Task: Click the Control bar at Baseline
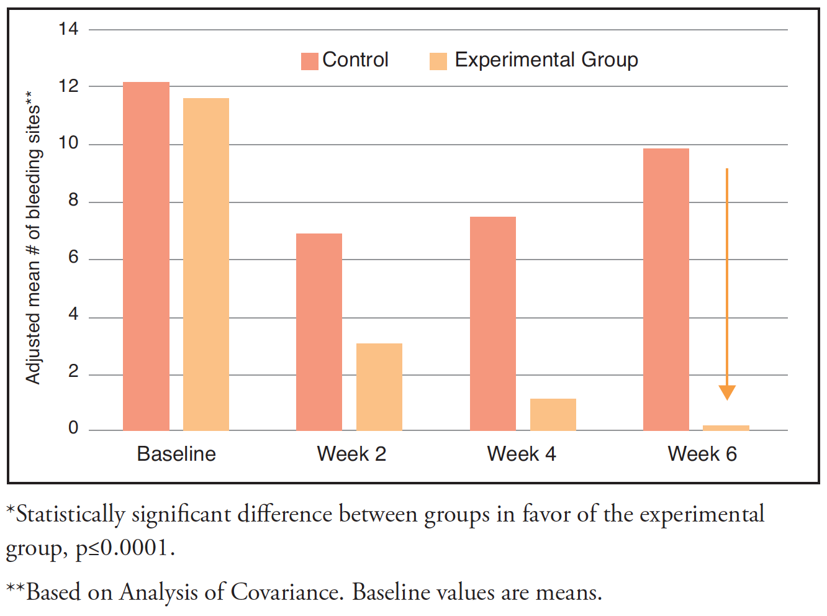(146, 256)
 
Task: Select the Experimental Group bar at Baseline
(206, 265)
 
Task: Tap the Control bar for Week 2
(319, 332)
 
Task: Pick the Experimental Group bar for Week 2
(379, 387)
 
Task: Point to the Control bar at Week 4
(493, 324)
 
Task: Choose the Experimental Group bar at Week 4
(553, 415)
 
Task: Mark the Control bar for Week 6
(666, 289)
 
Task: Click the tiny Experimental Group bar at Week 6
(726, 428)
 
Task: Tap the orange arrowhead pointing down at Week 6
(727, 392)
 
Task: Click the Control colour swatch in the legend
(309, 61)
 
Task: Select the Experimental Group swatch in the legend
(438, 61)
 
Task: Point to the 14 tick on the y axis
(68, 29)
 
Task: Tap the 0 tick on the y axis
(73, 428)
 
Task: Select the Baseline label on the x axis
(176, 454)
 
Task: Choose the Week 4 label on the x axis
(522, 454)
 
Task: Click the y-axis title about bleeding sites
(33, 238)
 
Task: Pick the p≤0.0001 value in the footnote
(125, 548)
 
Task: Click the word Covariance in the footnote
(287, 592)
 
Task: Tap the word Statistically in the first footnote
(70, 515)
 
